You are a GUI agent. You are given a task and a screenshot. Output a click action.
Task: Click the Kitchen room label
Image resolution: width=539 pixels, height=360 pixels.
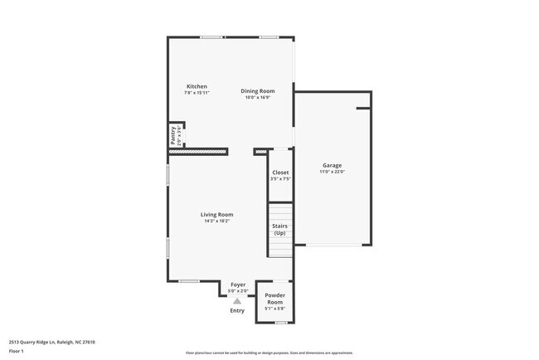(197, 86)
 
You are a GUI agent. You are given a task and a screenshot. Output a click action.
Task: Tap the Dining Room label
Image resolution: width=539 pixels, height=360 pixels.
(257, 90)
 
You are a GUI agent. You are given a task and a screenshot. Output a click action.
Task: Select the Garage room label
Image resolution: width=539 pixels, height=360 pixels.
(332, 165)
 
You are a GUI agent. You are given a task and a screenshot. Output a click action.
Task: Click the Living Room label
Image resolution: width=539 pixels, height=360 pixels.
(216, 215)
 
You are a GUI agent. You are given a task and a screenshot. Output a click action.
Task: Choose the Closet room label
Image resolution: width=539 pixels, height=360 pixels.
(280, 173)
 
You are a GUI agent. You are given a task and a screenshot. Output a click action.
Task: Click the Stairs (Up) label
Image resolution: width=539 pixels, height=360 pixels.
(280, 229)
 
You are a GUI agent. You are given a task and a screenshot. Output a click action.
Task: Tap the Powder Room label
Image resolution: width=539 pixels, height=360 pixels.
(274, 299)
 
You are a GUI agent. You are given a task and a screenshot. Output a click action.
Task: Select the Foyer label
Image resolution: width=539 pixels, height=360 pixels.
(238, 285)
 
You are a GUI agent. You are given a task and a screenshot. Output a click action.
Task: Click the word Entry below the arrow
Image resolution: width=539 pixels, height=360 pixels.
(237, 310)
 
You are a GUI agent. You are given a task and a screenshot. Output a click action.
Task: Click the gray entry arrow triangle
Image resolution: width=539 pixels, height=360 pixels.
(237, 301)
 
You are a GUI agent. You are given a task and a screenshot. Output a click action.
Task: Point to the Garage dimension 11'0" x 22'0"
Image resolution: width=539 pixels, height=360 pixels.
(332, 173)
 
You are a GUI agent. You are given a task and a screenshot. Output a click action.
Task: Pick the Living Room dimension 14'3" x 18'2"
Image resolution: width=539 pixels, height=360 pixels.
(216, 221)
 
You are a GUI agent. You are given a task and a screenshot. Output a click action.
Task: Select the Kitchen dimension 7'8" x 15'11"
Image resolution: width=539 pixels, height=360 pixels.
(197, 93)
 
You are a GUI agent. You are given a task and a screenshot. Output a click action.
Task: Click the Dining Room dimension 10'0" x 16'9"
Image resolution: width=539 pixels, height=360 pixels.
(257, 97)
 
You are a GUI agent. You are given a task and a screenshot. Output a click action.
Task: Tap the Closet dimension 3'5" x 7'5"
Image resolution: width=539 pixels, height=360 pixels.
(280, 179)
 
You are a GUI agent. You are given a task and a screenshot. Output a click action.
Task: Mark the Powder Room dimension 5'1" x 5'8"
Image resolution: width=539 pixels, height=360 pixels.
(274, 309)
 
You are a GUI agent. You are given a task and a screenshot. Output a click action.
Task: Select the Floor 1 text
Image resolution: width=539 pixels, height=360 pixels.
(17, 349)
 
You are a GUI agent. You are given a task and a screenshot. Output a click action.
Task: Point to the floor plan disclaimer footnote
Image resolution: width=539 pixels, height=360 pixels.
(269, 352)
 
